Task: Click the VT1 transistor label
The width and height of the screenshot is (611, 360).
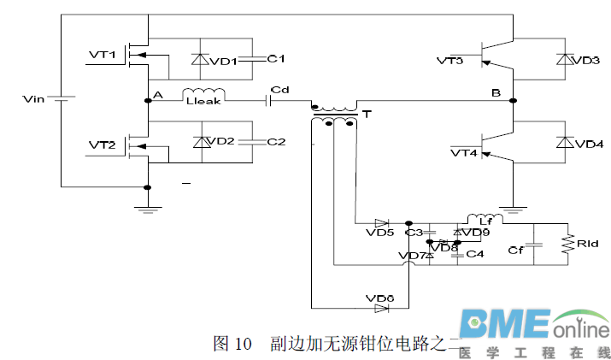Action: [102, 55]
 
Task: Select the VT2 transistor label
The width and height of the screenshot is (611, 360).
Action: [102, 145]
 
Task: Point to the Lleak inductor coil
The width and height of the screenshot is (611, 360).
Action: [204, 94]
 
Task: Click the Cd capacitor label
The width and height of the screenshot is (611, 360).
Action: [279, 89]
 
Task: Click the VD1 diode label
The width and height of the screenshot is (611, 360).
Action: [224, 61]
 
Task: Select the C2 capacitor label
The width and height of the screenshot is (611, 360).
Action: [275, 141]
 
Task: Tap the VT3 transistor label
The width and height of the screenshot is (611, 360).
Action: [449, 61]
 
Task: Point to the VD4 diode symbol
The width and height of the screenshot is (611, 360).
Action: [563, 142]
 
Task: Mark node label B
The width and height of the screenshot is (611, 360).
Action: [496, 91]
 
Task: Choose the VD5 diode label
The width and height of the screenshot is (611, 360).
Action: [379, 232]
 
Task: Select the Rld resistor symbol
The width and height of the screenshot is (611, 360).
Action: [566, 245]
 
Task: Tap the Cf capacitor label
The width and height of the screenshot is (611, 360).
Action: [515, 250]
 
